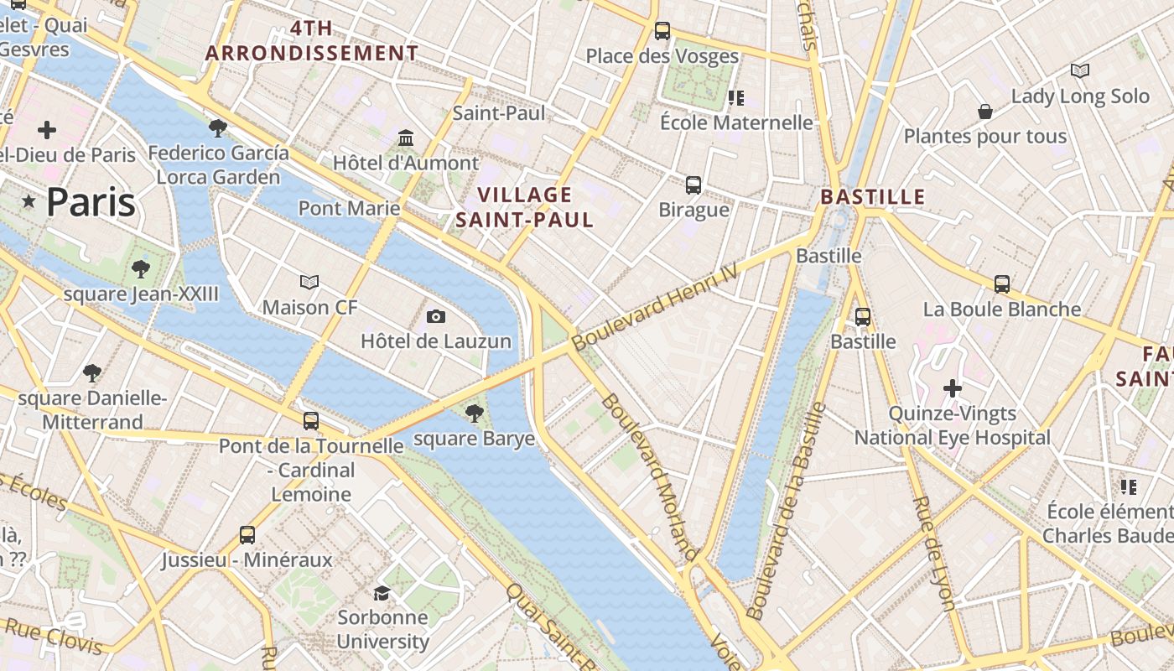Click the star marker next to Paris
point(29,201)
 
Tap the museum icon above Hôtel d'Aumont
point(406,138)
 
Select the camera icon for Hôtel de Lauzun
point(436,316)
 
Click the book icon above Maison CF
point(309,282)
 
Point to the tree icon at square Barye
point(474,413)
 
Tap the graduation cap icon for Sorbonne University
point(382,593)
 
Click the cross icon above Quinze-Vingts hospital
point(953,388)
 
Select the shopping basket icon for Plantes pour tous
point(985,112)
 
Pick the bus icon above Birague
point(693,185)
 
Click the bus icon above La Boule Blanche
point(1001,284)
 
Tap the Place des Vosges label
point(662,56)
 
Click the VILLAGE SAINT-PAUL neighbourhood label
point(524,207)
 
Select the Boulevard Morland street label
point(650,476)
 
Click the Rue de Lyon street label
point(933,553)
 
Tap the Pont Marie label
point(349,207)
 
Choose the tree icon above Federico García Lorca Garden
point(218,128)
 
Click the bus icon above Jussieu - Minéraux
point(247,534)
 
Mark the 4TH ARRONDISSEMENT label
point(312,40)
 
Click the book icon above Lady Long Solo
point(1080,71)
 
